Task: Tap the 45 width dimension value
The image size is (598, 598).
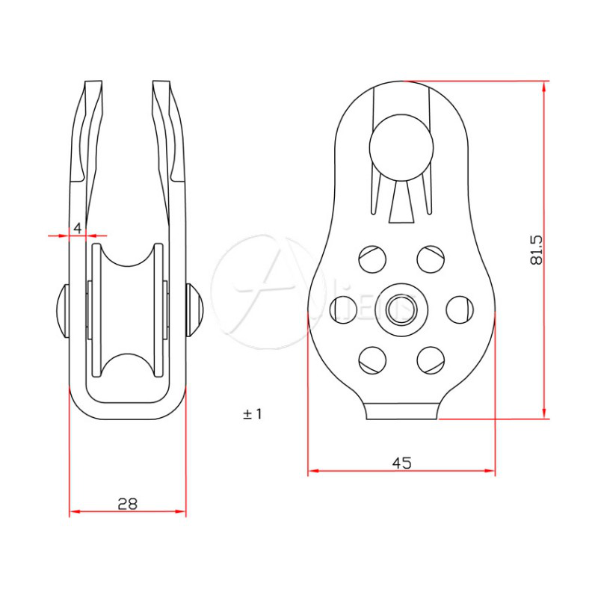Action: pos(401,463)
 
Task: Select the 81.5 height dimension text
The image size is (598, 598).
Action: pos(535,250)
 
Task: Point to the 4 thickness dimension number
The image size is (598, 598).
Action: pos(77,228)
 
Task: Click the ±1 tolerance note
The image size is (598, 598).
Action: pos(253,413)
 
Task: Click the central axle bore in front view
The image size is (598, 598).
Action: pos(401,307)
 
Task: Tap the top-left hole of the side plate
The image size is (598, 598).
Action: pos(372,259)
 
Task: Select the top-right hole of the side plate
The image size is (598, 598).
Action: pos(431,259)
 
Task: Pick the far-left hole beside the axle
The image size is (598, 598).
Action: pos(344,308)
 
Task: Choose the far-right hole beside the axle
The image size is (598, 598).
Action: pos(460,308)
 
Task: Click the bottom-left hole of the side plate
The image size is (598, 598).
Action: pos(372,358)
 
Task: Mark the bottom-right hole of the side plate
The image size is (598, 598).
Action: pos(431,358)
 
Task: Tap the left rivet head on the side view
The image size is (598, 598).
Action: pos(62,309)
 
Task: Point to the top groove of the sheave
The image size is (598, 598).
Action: pos(127,262)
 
